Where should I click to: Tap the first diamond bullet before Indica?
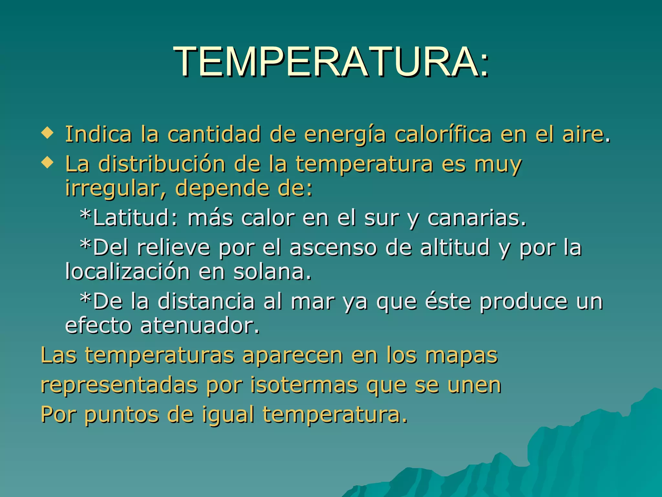pos(47,133)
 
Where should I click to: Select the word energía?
pos(345,135)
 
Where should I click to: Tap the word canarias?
pos(476,217)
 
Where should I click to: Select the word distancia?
pos(206,301)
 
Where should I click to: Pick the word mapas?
pos(461,356)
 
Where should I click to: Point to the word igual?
pos(228,415)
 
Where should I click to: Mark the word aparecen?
pos(293,356)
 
